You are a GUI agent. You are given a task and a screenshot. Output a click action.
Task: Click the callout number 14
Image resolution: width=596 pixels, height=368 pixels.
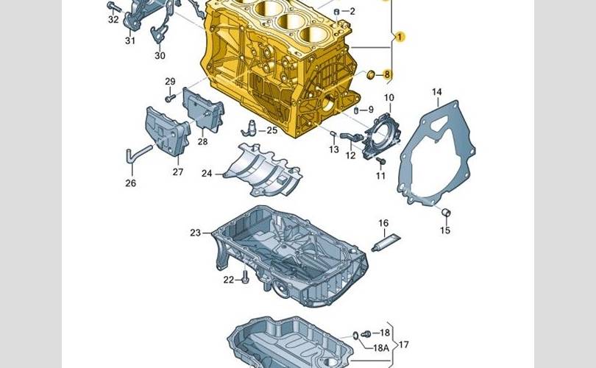pyautogui.click(x=437, y=92)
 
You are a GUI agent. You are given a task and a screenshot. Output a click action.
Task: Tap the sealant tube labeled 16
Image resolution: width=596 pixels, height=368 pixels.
pyautogui.click(x=386, y=243)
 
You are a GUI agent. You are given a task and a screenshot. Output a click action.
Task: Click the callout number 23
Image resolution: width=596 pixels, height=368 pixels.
pyautogui.click(x=195, y=233)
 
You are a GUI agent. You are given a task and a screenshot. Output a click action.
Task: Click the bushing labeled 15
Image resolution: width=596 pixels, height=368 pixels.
pyautogui.click(x=446, y=213)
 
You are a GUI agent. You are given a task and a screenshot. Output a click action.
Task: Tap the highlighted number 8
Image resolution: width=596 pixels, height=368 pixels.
pyautogui.click(x=387, y=74)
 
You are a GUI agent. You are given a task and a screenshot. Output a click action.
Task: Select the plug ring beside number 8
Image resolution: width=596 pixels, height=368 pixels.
pyautogui.click(x=370, y=75)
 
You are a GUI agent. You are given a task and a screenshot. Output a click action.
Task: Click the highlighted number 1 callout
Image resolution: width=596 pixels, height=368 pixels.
pyautogui.click(x=399, y=38)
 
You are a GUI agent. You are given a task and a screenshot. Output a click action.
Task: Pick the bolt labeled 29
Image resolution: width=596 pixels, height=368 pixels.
pyautogui.click(x=170, y=98)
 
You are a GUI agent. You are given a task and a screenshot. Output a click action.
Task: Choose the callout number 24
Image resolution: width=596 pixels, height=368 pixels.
pyautogui.click(x=207, y=174)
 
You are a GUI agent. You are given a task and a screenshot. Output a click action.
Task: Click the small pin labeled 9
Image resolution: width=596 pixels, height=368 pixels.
pyautogui.click(x=356, y=110)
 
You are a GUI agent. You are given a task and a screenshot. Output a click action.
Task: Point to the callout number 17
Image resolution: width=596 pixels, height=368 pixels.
pyautogui.click(x=404, y=344)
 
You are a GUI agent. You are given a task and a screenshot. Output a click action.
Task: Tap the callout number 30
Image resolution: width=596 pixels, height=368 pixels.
pyautogui.click(x=160, y=55)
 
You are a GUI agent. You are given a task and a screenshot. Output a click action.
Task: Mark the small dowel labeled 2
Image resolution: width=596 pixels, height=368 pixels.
pyautogui.click(x=336, y=12)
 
